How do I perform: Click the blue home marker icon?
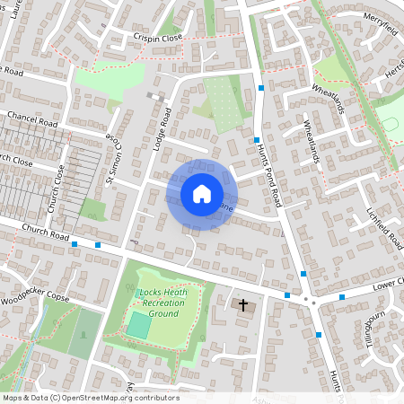tap(201, 194)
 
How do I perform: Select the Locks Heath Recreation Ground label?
tap(162, 303)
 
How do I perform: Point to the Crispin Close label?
tap(157, 39)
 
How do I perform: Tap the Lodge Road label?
tap(162, 135)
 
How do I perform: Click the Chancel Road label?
tap(32, 119)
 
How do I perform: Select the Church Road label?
tap(47, 234)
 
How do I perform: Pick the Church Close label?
tap(57, 187)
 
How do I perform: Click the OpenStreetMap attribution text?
tap(90, 398)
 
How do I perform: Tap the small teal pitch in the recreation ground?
tap(137, 325)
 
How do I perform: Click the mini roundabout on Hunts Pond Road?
tap(307, 299)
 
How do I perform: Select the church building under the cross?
tap(242, 306)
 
